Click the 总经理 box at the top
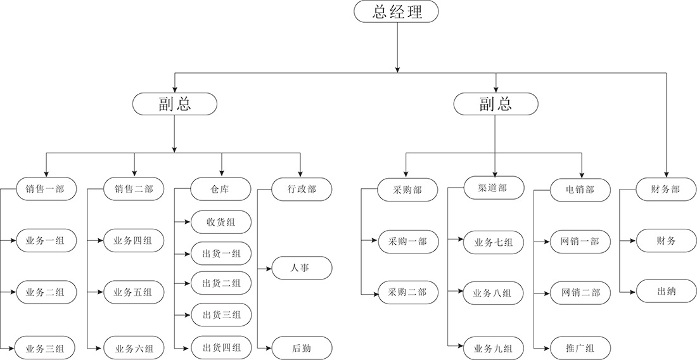click(397, 11)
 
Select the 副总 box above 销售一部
click(174, 104)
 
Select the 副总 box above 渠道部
click(496, 104)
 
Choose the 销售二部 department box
click(134, 188)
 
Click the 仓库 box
click(221, 189)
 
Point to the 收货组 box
click(221, 222)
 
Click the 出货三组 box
click(221, 315)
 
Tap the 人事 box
click(302, 268)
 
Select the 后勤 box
click(302, 348)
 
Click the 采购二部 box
click(407, 292)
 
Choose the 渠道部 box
click(494, 188)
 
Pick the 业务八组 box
click(494, 293)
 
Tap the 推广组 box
click(580, 348)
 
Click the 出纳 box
click(666, 292)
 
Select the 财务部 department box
click(666, 189)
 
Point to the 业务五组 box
click(134, 292)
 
